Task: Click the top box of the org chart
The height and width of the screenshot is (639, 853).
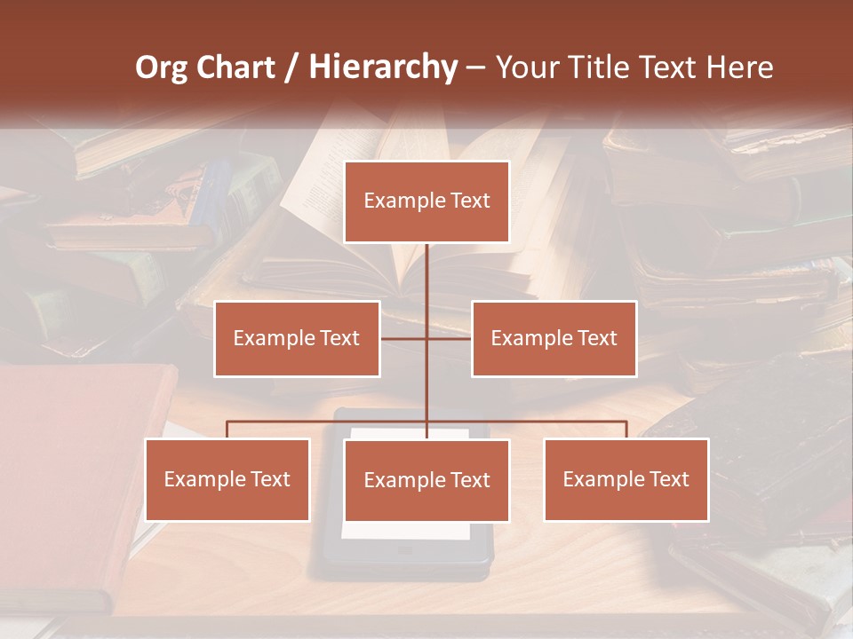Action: [426, 201]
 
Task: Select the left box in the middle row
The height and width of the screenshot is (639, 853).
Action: [297, 338]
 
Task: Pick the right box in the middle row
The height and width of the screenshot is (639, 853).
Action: [554, 338]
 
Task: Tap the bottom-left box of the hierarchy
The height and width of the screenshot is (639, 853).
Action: [227, 479]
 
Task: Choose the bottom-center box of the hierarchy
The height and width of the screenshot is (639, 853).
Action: [426, 480]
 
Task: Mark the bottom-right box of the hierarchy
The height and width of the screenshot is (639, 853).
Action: [626, 479]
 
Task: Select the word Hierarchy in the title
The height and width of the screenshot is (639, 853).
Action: [383, 67]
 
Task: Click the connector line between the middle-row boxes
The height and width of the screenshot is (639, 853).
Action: [426, 338]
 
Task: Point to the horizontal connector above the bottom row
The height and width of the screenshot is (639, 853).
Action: [329, 422]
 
